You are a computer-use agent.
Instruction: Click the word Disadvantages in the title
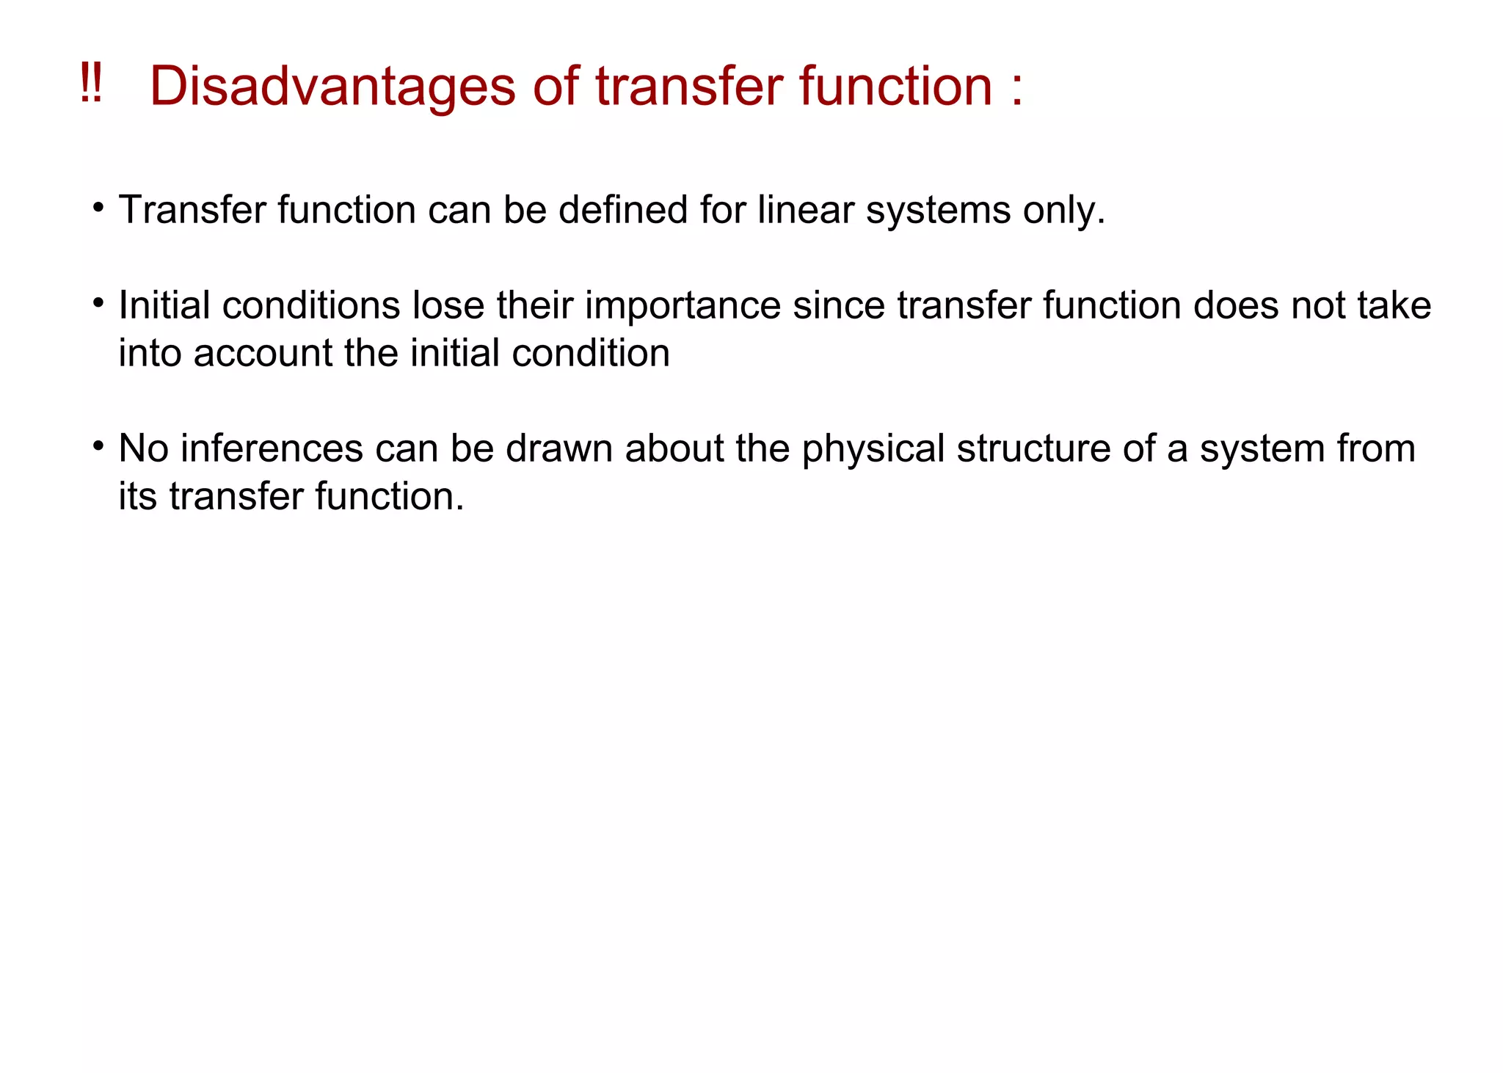pos(332,87)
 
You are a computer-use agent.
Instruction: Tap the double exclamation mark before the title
pos(91,84)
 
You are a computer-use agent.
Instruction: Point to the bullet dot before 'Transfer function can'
pos(98,208)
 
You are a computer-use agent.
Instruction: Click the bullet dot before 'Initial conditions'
pos(98,303)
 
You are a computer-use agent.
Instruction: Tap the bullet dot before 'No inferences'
pos(98,446)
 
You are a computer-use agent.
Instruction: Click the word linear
pos(805,211)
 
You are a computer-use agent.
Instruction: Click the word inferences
pos(272,449)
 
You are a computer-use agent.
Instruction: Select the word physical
pos(873,450)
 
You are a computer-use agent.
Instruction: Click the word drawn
pos(558,449)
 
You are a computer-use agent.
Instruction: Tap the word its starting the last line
pos(138,497)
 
